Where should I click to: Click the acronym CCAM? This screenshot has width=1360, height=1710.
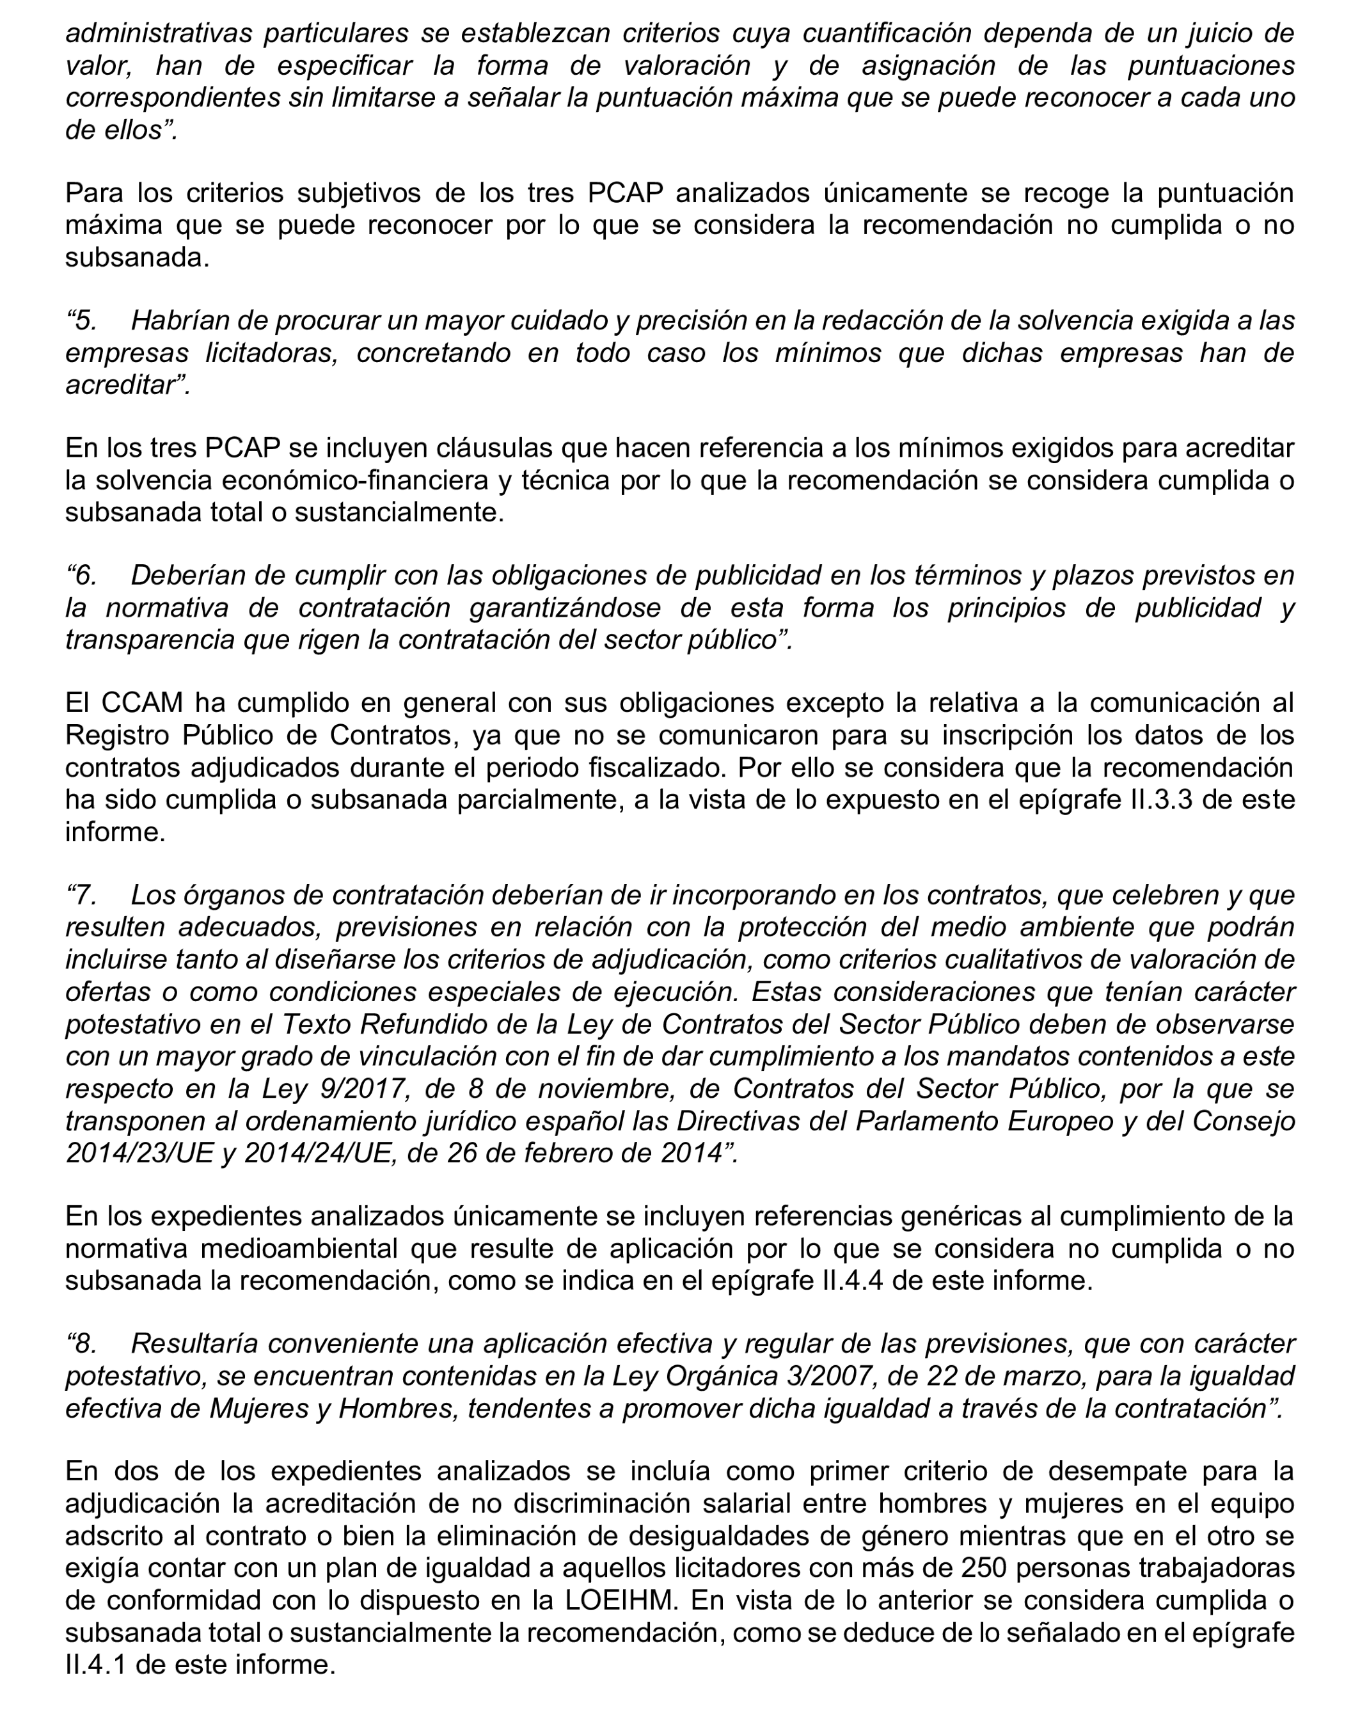(x=143, y=702)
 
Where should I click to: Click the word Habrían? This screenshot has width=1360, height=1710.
(x=172, y=321)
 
